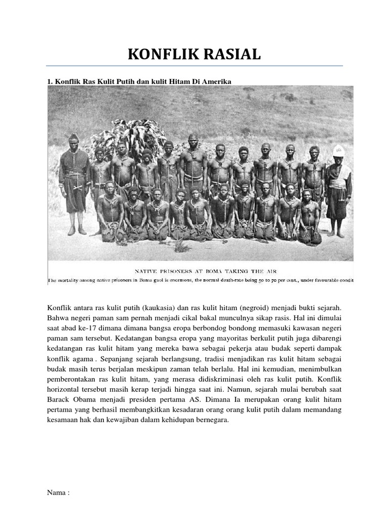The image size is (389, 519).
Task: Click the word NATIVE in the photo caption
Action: pyautogui.click(x=148, y=271)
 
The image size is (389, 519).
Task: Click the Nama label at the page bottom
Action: pyautogui.click(x=57, y=492)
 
